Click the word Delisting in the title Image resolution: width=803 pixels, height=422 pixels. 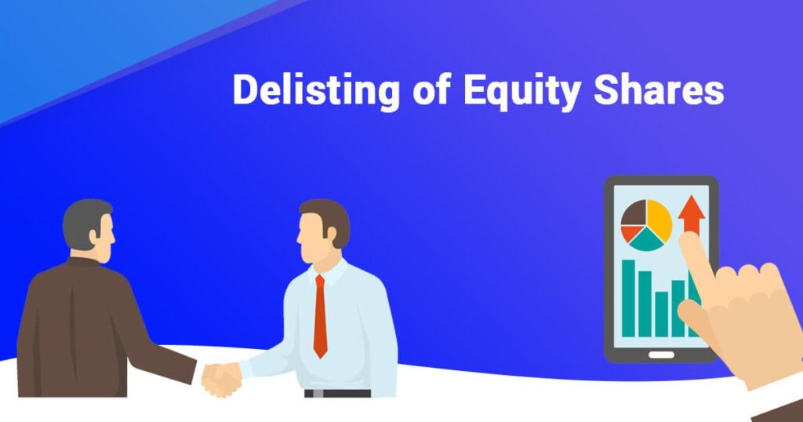316,92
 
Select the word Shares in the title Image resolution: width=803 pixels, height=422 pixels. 659,90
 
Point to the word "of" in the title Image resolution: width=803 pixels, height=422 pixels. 431,90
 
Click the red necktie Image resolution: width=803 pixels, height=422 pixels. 320,316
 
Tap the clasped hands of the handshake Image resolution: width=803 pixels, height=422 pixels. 221,380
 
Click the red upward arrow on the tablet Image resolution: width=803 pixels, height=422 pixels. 692,214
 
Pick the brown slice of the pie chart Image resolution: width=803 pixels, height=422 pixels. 634,213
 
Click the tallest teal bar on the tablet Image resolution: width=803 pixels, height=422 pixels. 628,298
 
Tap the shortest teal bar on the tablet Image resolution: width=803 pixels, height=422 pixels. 662,315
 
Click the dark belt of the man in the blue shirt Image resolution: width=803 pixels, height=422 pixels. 337,393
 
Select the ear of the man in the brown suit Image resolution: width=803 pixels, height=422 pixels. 94,236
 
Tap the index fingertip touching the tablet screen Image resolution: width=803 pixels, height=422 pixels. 689,240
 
